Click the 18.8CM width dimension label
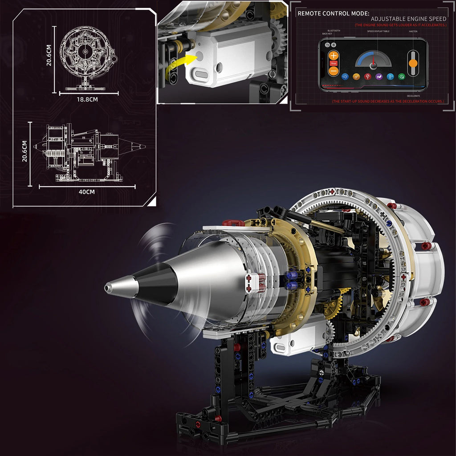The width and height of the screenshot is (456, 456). click(x=87, y=99)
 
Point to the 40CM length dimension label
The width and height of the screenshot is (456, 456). click(x=87, y=192)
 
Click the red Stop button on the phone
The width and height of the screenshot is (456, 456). click(x=333, y=63)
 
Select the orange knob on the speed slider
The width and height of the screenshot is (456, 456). click(x=413, y=63)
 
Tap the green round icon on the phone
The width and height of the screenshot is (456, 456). click(x=402, y=77)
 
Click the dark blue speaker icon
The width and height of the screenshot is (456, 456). click(x=344, y=77)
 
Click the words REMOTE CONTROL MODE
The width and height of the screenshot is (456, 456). click(x=333, y=13)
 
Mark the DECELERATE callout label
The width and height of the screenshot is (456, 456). click(x=413, y=96)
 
